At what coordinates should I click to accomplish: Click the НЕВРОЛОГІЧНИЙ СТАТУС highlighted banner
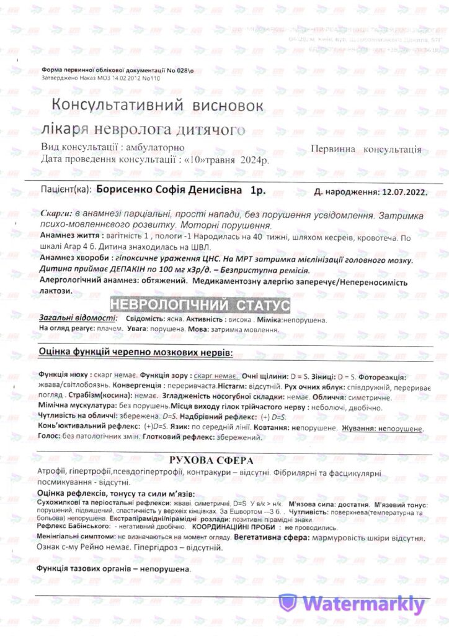pyautogui.click(x=199, y=305)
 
